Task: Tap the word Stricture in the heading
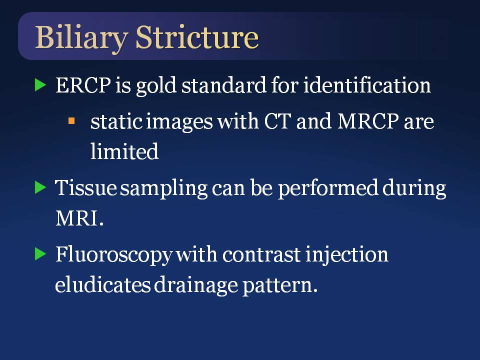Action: click(197, 37)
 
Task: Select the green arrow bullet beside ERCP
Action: click(40, 85)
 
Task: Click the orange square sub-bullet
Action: click(71, 121)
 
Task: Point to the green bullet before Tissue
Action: click(40, 187)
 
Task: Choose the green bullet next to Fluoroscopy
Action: click(40, 254)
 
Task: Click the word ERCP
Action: click(83, 85)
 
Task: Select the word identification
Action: click(367, 85)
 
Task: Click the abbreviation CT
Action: click(277, 121)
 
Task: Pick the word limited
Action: click(124, 151)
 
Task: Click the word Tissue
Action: click(85, 187)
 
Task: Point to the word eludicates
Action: click(103, 284)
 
